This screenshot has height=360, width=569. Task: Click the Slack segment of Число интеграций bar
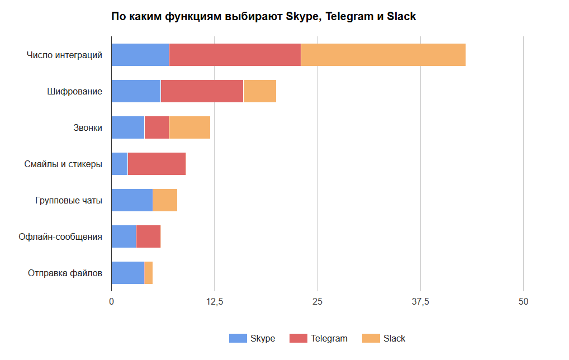click(383, 55)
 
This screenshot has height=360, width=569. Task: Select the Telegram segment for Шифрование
click(202, 91)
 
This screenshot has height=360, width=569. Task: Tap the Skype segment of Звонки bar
click(127, 127)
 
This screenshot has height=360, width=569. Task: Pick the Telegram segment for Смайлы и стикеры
click(157, 164)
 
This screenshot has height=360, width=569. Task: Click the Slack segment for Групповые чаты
click(165, 200)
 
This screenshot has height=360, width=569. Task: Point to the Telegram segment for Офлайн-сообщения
click(148, 236)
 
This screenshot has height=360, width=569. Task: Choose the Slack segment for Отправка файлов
click(149, 273)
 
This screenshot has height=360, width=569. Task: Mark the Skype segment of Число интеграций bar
click(140, 55)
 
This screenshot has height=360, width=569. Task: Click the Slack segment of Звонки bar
click(189, 127)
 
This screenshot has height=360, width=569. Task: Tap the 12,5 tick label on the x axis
click(215, 302)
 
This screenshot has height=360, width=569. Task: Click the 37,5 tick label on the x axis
click(420, 302)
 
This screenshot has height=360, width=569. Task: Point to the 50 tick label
click(523, 302)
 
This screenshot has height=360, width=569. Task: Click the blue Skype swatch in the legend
click(238, 338)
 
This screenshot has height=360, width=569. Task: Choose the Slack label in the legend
click(394, 338)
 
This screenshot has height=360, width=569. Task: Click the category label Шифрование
click(74, 91)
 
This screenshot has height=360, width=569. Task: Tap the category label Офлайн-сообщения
click(60, 236)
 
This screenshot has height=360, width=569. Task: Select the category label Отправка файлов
click(65, 273)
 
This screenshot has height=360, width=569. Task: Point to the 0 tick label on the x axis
click(111, 302)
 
